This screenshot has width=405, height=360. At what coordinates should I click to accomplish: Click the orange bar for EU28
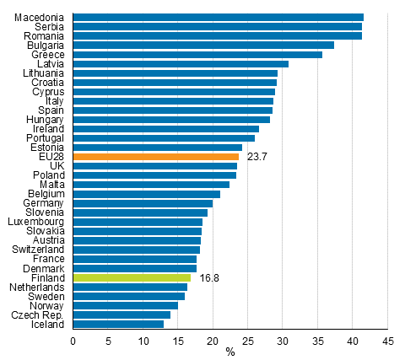click(x=156, y=157)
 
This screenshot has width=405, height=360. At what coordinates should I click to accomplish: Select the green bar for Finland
click(x=132, y=277)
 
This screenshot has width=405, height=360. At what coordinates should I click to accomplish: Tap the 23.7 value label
click(x=257, y=157)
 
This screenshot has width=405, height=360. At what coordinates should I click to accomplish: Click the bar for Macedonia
click(x=218, y=18)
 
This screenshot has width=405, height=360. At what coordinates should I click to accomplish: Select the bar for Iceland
click(x=118, y=324)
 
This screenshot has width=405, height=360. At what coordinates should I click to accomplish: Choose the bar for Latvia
click(x=181, y=64)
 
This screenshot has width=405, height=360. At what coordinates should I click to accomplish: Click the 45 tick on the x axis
click(x=387, y=341)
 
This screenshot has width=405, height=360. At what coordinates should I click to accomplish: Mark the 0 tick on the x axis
click(x=73, y=341)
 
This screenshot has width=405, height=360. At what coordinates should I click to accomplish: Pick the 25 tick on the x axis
click(x=248, y=341)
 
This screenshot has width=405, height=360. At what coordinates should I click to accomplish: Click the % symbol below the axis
click(x=229, y=352)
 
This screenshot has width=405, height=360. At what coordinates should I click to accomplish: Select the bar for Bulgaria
click(x=203, y=46)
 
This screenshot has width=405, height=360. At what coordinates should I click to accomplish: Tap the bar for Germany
click(x=143, y=203)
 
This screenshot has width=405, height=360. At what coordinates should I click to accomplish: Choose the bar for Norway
click(x=126, y=305)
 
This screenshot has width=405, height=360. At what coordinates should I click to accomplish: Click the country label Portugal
click(x=47, y=138)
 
